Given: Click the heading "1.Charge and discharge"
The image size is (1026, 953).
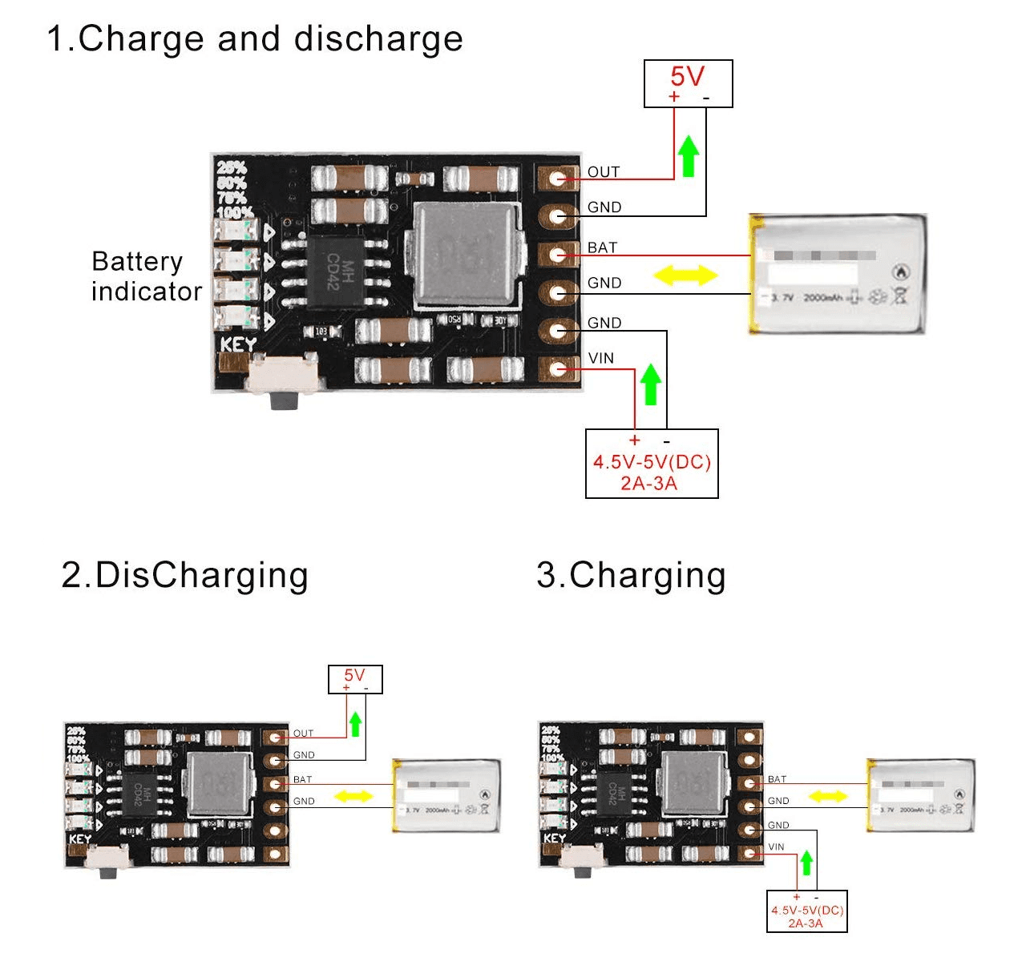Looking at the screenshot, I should (x=255, y=38).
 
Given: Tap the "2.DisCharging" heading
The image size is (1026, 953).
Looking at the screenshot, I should (x=184, y=575).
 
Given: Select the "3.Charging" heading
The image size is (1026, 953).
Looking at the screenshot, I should (x=631, y=575).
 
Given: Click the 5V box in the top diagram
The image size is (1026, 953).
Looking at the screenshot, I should (x=688, y=83).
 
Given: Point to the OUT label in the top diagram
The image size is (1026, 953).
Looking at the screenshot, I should (x=604, y=172).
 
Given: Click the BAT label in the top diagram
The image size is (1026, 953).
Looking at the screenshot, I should (x=602, y=247).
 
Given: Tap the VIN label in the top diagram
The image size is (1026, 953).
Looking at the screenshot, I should (x=601, y=358).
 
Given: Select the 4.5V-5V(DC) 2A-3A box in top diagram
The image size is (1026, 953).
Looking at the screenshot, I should (x=652, y=464).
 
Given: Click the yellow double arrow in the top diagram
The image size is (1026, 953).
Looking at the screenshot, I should (x=685, y=275).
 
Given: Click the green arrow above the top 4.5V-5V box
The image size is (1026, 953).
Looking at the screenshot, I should (x=651, y=384).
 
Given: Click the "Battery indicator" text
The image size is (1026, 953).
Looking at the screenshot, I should (x=146, y=276).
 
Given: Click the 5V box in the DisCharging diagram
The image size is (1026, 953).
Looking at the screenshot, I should (x=355, y=679).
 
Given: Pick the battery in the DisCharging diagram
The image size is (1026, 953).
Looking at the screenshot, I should (x=446, y=796).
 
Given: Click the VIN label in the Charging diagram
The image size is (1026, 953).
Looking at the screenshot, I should (x=776, y=846).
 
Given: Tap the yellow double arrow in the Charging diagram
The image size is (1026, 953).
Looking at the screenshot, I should (x=827, y=796).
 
